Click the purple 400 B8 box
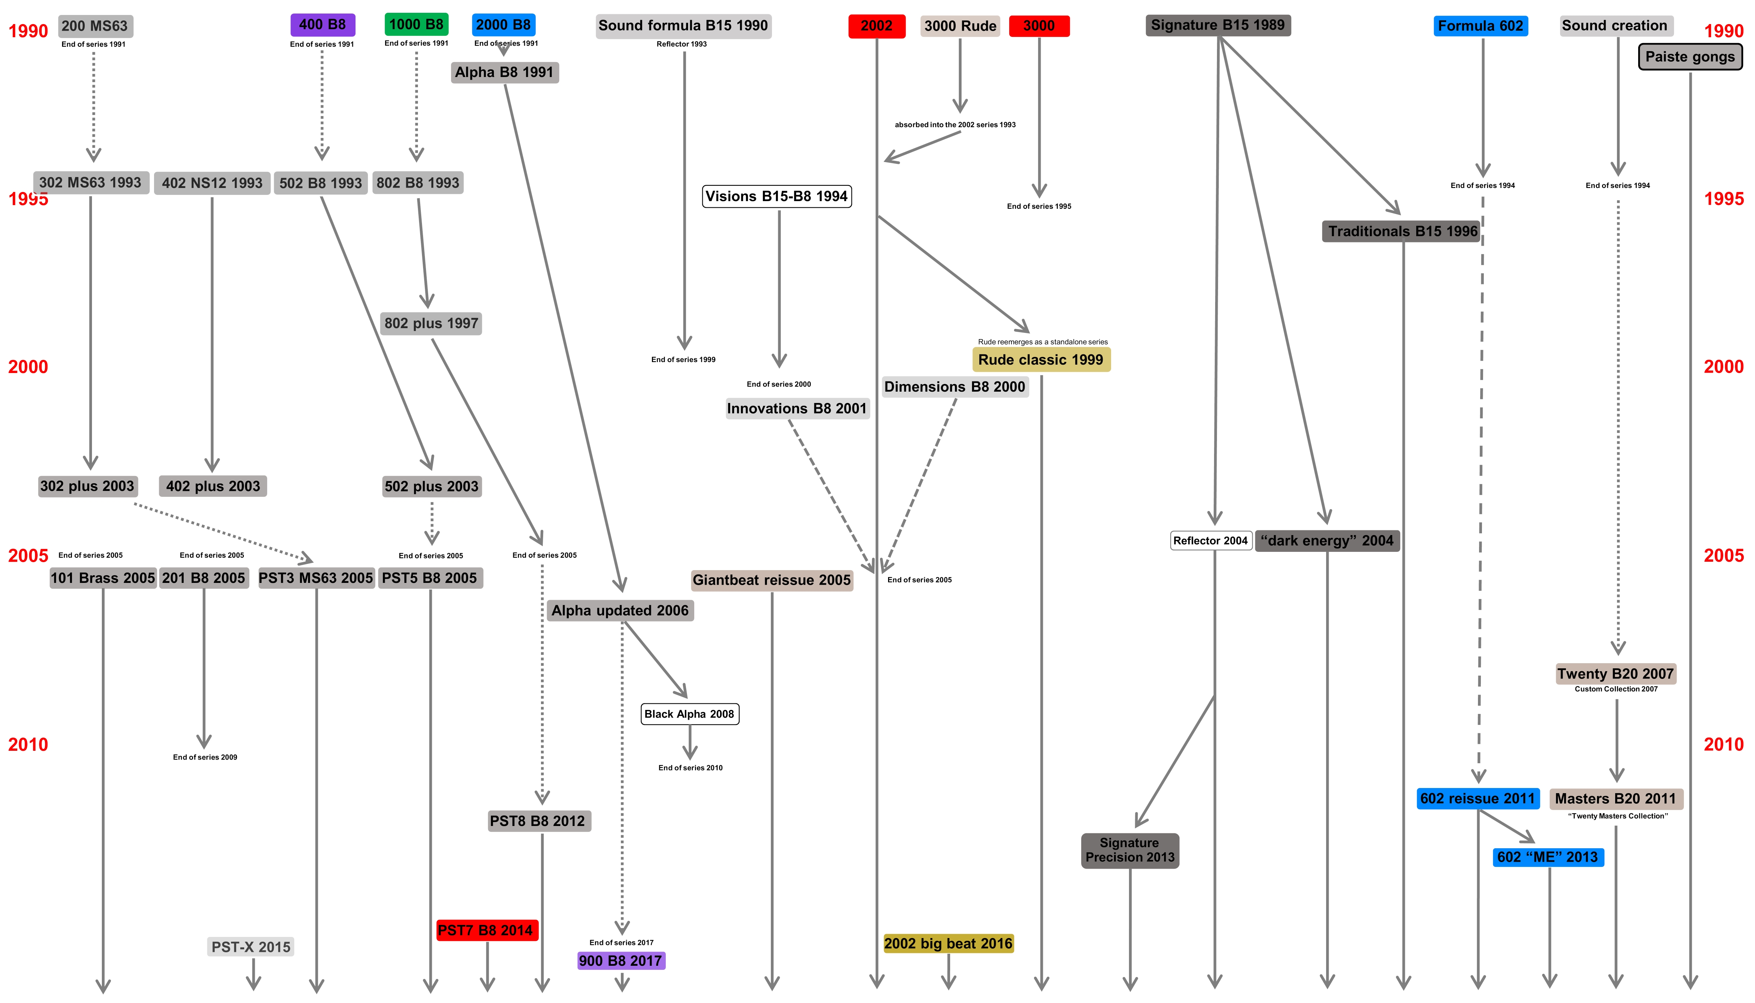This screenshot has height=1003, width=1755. pos(322,25)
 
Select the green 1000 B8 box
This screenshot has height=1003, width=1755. pos(416,24)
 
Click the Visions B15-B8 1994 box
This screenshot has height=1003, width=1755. pos(776,196)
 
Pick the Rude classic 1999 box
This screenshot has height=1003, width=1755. pos(1041,360)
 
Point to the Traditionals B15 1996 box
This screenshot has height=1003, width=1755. pos(1402,231)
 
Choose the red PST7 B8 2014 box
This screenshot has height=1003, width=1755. pos(486,930)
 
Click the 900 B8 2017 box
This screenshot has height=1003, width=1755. pos(621,960)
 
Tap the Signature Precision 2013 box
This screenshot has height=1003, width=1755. pos(1130,850)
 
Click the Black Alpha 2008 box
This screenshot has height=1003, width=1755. pos(690,714)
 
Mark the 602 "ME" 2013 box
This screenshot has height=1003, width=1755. pos(1548,857)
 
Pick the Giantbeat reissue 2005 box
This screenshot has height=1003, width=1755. pos(771,580)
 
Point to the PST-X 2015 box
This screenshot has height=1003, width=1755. pos(251,946)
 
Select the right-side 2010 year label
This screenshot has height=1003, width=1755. pos(1723,744)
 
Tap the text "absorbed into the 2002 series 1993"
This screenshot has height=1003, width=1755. pos(955,125)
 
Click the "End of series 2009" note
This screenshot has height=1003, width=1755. pos(204,757)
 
